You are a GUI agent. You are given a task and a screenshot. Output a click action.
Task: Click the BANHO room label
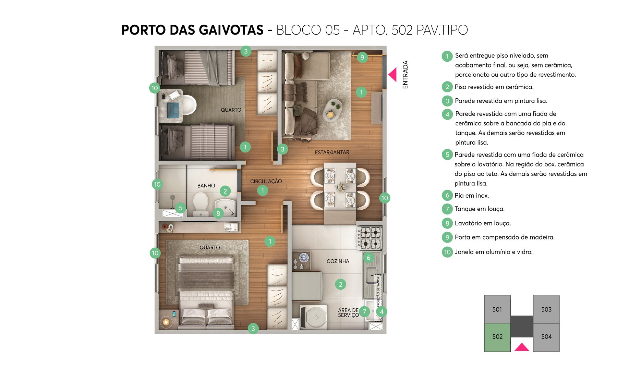[x=206, y=186]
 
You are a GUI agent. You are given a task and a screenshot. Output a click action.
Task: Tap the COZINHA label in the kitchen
[x=338, y=261]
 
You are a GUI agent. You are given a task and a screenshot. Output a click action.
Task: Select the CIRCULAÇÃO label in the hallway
[x=266, y=181]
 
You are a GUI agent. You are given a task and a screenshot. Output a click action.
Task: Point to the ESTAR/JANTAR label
[x=332, y=152]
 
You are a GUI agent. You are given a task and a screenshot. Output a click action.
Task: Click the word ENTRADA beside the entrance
[x=405, y=75]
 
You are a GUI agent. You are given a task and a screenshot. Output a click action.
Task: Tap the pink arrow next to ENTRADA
[x=393, y=74]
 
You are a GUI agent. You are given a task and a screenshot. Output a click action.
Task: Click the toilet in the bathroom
[x=201, y=203]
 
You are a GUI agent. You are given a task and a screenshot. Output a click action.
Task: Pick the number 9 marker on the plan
[x=362, y=57]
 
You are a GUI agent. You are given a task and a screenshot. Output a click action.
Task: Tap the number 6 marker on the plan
[x=368, y=258]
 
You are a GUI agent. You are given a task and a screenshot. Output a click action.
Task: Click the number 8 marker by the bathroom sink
[x=218, y=213]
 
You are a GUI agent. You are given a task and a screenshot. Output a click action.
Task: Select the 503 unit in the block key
[x=546, y=309]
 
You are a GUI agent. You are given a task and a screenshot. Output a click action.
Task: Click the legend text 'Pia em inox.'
[x=472, y=196]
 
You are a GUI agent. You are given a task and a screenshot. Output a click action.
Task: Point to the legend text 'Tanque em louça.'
[x=479, y=209]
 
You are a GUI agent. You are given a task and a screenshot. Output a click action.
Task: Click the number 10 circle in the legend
[x=447, y=252]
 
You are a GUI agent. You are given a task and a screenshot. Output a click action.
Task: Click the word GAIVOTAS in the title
[x=231, y=30]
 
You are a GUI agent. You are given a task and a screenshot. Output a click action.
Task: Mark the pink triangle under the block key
[x=521, y=347]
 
